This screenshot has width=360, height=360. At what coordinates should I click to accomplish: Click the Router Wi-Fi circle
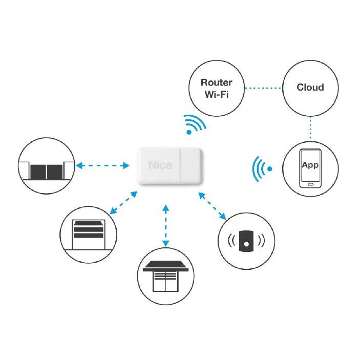coord(216,88)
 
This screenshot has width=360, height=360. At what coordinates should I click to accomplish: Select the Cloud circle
coord(310,88)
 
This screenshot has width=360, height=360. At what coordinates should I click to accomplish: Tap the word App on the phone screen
coord(310,165)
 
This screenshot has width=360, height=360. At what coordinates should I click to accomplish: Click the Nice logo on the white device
coord(160,165)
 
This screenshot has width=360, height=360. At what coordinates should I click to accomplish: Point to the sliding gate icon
coord(46,166)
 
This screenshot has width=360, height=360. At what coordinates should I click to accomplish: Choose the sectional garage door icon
coord(89,234)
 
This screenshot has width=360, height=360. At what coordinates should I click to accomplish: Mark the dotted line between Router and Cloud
coord(263,88)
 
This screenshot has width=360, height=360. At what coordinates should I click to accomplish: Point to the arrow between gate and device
coord(103,165)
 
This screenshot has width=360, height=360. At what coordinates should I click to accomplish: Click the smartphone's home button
coord(310,184)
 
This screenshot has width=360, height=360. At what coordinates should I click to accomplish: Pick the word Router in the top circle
coord(216,82)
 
